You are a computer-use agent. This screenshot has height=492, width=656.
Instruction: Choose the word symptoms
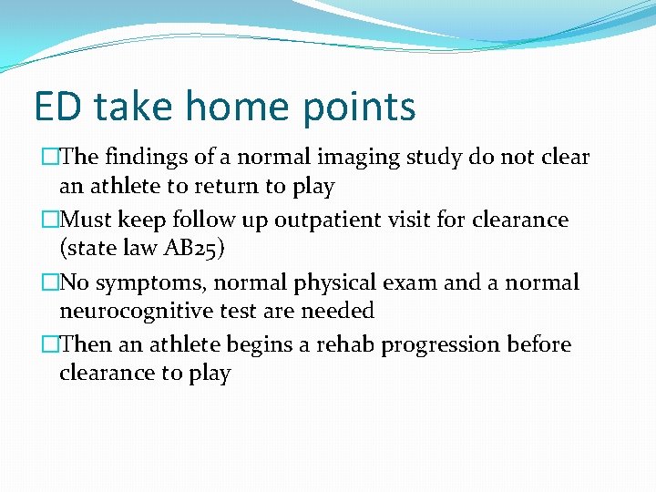(149, 283)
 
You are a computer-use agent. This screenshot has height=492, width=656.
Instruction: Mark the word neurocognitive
(133, 312)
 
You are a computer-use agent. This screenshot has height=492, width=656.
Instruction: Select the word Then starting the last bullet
(87, 345)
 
